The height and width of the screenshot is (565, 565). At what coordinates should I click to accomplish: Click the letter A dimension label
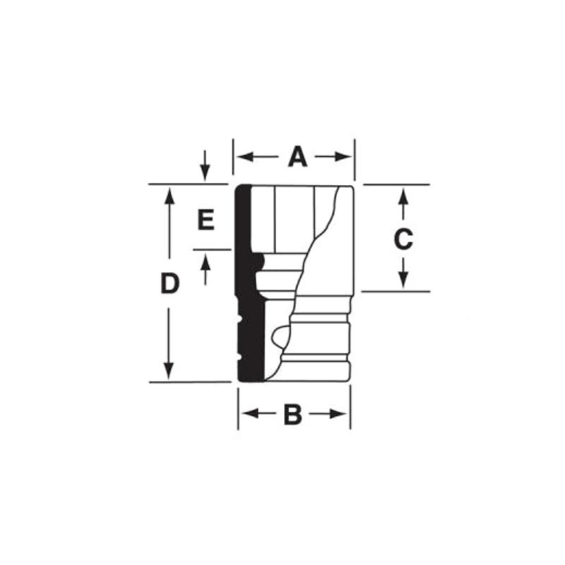[x=297, y=157]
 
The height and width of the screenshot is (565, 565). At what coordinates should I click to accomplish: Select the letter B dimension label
[x=292, y=415]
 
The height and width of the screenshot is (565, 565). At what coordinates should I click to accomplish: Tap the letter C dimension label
[x=403, y=239]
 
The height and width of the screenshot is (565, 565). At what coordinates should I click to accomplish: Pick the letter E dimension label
[x=205, y=220]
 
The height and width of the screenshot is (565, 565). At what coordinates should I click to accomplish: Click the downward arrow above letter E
[x=205, y=172]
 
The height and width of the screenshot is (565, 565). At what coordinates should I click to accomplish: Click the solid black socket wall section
[x=244, y=282]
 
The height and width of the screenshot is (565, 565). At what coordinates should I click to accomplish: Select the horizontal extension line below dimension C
[x=395, y=291]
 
